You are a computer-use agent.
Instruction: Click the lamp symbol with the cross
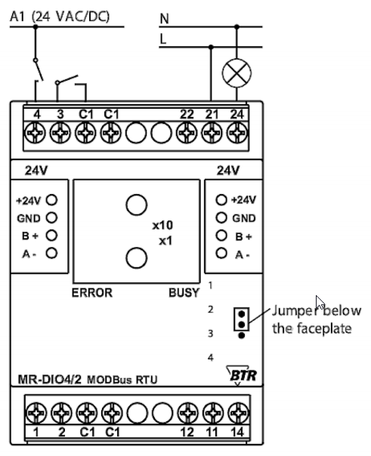pyautogui.click(x=237, y=72)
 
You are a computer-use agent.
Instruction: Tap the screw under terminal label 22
pyautogui.click(x=187, y=133)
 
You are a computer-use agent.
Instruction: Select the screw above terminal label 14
pyautogui.click(x=238, y=413)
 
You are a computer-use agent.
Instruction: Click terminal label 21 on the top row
pyautogui.click(x=212, y=114)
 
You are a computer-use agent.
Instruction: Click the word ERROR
pyautogui.click(x=92, y=293)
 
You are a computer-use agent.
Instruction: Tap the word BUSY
pyautogui.click(x=184, y=293)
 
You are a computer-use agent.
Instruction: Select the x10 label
pyautogui.click(x=162, y=225)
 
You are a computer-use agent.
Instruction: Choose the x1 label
pyautogui.click(x=165, y=241)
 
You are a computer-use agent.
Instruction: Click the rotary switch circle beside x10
pyautogui.click(x=137, y=205)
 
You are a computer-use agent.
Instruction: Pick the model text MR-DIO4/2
pyautogui.click(x=50, y=379)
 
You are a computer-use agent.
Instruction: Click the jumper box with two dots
pyautogui.click(x=241, y=319)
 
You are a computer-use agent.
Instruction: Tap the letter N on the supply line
pyautogui.click(x=165, y=19)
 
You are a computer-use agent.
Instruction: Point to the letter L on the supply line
pyautogui.click(x=163, y=39)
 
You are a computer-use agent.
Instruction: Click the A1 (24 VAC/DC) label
pyautogui.click(x=60, y=17)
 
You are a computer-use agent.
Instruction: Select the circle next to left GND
pyautogui.click(x=51, y=218)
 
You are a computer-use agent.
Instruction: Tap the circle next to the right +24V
pyautogui.click(x=221, y=200)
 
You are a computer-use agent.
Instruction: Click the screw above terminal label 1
pyautogui.click(x=36, y=413)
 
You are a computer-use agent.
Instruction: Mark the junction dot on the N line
pyautogui.click(x=237, y=26)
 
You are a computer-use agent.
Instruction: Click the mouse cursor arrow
pyautogui.click(x=320, y=303)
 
